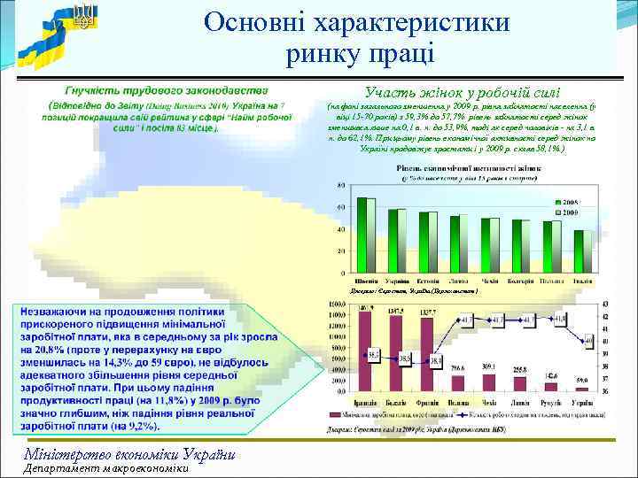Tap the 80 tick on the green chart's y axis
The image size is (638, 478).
click(341, 185)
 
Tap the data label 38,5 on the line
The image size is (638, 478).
click(405, 358)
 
